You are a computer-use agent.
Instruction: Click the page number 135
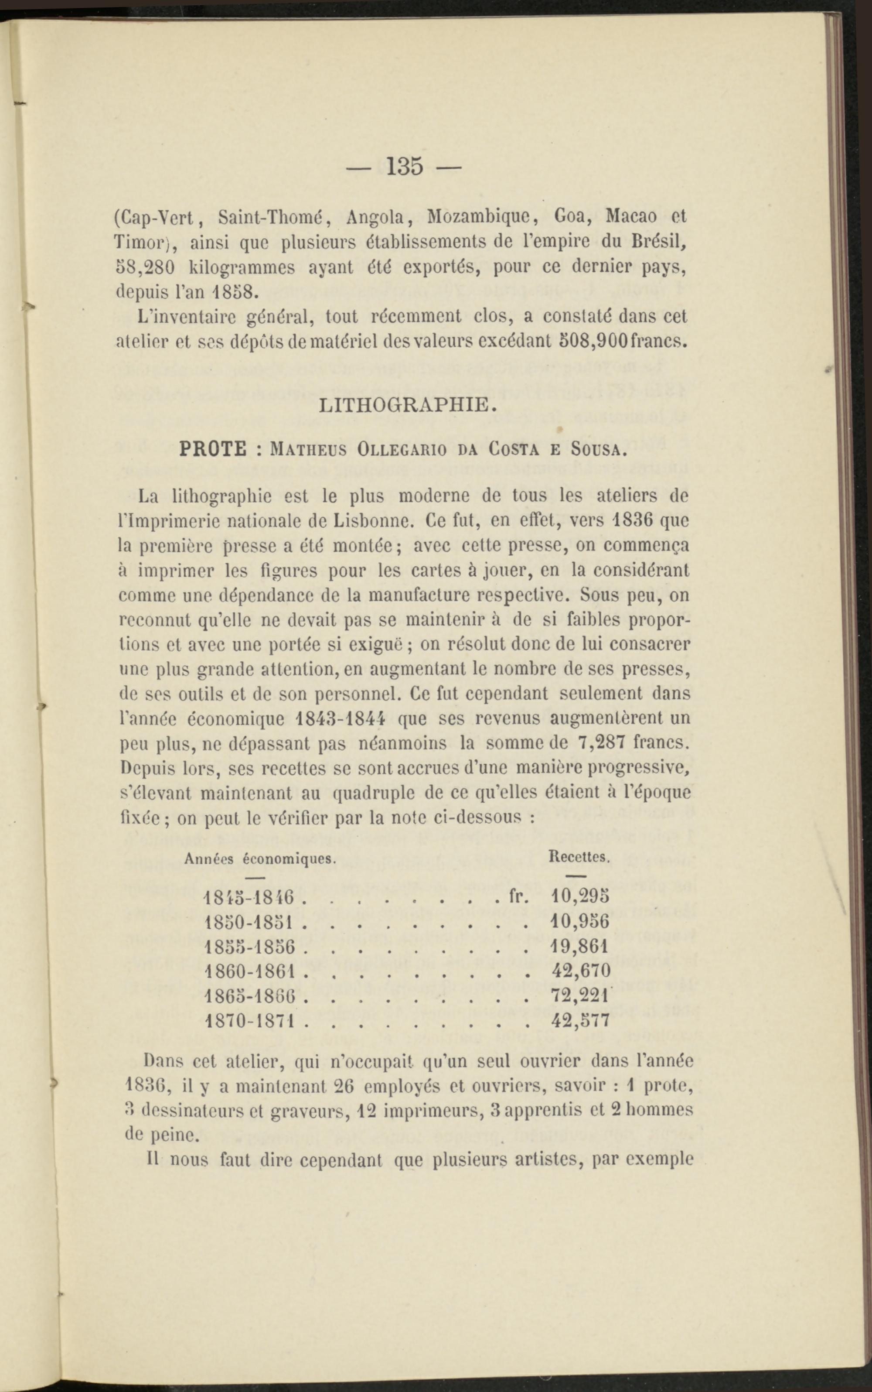click(405, 166)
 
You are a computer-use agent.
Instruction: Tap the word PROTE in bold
click(213, 449)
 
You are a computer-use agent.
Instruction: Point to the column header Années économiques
click(260, 858)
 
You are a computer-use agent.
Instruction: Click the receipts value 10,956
click(580, 921)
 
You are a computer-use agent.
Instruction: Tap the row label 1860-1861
click(250, 971)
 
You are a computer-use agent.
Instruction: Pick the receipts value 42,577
click(580, 1021)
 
